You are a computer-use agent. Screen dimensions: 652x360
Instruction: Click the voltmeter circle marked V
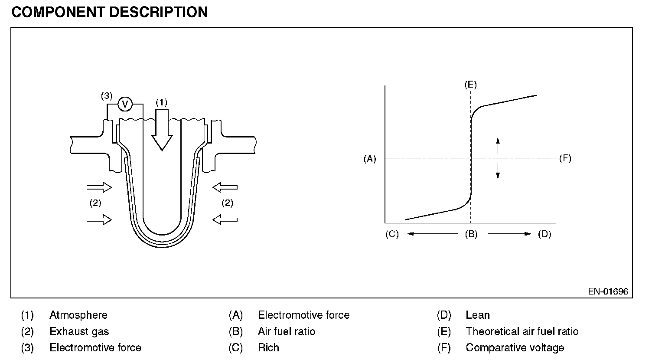(x=125, y=104)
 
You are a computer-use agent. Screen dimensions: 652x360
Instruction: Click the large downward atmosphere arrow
(x=162, y=130)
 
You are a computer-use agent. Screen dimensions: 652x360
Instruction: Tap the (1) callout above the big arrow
(x=162, y=102)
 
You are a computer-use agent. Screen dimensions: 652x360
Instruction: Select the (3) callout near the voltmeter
(x=107, y=96)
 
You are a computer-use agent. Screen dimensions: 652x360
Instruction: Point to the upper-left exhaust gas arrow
(x=99, y=187)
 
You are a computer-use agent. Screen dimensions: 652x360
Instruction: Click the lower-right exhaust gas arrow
(x=225, y=219)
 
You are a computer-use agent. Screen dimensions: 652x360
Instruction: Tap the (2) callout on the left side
(x=95, y=203)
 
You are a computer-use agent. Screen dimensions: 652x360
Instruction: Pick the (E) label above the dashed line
(x=470, y=85)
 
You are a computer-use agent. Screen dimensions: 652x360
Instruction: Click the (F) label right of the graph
(x=565, y=158)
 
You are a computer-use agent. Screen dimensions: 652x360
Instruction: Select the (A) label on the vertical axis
(x=370, y=159)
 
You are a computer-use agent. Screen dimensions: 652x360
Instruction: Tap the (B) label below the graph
(x=471, y=234)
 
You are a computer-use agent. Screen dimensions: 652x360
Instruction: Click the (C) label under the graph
(x=392, y=234)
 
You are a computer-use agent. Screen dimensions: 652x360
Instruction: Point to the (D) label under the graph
(x=544, y=234)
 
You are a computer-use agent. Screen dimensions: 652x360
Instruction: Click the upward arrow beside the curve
(x=498, y=145)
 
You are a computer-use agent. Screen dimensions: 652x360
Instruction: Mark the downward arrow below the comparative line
(x=498, y=171)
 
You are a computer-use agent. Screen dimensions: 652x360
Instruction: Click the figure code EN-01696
(x=608, y=291)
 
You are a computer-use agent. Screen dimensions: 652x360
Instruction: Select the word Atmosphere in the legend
(x=78, y=315)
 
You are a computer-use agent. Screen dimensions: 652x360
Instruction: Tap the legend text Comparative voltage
(x=515, y=348)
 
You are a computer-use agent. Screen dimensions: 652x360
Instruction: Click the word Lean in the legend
(x=478, y=315)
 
